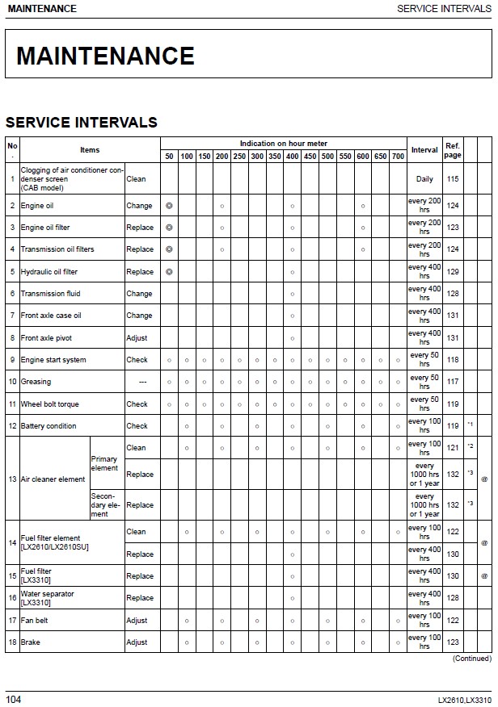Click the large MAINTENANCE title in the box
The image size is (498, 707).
105,56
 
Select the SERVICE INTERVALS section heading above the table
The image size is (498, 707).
82,123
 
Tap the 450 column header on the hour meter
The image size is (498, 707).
310,157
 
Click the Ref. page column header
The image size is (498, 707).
453,150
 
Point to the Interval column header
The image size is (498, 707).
424,150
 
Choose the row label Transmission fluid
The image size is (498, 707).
50,294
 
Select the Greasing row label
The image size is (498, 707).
36,382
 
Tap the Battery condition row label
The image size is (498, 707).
49,426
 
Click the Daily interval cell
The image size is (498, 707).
424,179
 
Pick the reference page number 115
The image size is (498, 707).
453,179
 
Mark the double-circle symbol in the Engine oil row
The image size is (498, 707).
169,206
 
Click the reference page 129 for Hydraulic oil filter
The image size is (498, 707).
453,272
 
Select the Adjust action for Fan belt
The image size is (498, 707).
137,621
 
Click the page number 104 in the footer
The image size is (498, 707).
14,698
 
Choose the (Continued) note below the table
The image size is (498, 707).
471,659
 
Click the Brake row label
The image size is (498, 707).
30,642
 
